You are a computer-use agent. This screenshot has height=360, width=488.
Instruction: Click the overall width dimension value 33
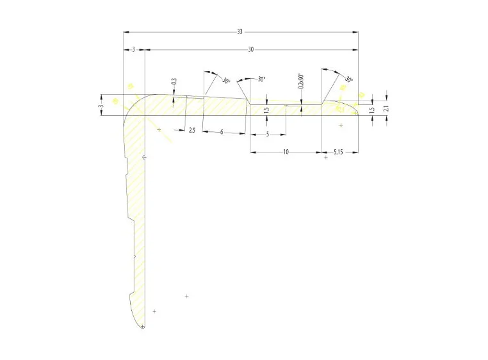coord(240,31)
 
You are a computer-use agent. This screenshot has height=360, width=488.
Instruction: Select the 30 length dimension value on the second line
coord(250,49)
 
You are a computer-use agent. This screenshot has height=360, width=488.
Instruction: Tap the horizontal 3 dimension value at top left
coord(133,49)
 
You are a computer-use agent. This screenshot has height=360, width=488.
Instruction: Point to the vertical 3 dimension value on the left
coord(101,106)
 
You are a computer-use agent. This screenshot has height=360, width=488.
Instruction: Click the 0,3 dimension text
coord(174,82)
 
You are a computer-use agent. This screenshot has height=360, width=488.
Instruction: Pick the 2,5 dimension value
coord(191,130)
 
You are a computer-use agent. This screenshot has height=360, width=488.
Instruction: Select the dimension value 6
coord(222,132)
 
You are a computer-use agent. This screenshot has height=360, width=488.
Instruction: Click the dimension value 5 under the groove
coord(267,134)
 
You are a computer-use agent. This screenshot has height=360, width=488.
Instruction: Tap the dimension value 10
coord(286,152)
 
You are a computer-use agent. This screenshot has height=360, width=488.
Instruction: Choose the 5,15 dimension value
coord(339,152)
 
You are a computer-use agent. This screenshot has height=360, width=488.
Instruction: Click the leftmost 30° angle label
coord(225,81)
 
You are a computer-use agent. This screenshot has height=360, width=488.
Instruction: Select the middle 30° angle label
coord(261,79)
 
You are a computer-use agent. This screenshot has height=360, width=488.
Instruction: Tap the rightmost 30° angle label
coord(348,79)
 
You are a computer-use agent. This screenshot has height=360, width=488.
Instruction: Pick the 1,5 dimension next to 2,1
coord(372,110)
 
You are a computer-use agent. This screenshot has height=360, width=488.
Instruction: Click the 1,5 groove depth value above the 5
coord(266,110)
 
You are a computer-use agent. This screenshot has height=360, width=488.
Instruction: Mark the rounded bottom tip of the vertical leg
coord(142,327)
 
